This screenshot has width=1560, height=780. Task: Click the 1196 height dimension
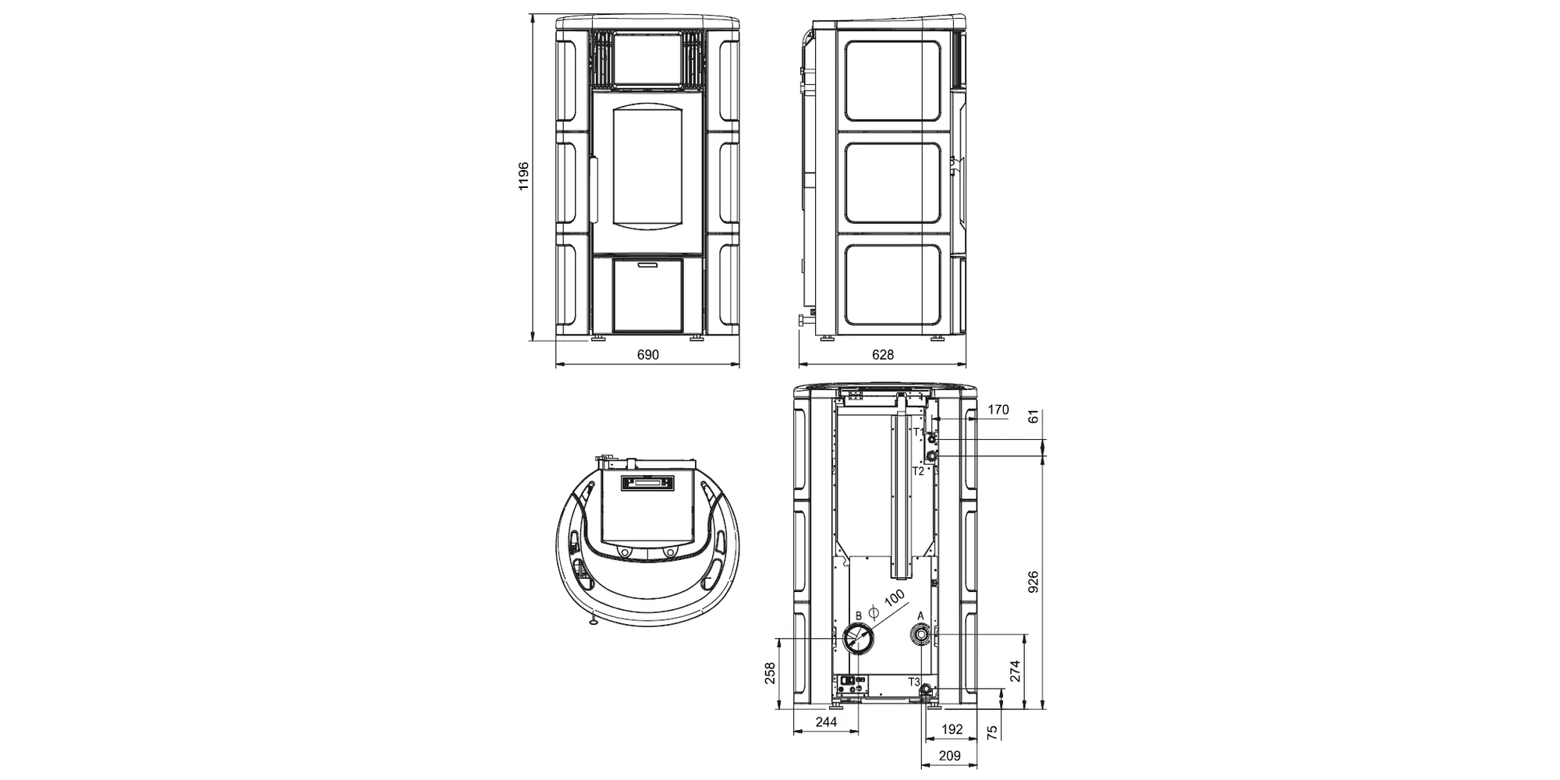(x=523, y=176)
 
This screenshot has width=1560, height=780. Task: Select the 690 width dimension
(x=648, y=355)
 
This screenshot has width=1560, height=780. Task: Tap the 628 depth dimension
(x=882, y=355)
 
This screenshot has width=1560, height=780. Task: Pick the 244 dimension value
(x=826, y=722)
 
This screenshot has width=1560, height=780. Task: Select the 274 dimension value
(x=1015, y=672)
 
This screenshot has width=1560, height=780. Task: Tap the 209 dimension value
(x=949, y=756)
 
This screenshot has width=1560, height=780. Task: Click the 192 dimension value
(x=952, y=730)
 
